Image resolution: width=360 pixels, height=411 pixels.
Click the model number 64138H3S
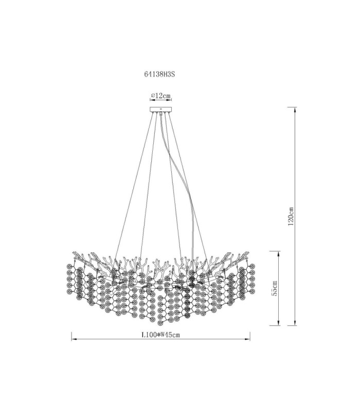159,74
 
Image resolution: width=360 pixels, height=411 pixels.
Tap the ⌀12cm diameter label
161,96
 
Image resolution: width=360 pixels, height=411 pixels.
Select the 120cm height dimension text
291,216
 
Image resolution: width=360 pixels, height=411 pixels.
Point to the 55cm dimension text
274,288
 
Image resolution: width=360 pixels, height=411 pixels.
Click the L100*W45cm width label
160,335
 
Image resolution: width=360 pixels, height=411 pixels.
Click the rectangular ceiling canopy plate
160,109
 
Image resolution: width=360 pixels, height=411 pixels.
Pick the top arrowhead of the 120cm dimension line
295,110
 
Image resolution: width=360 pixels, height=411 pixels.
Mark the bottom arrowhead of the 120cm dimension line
295,323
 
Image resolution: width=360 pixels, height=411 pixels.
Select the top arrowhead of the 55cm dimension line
278,253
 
